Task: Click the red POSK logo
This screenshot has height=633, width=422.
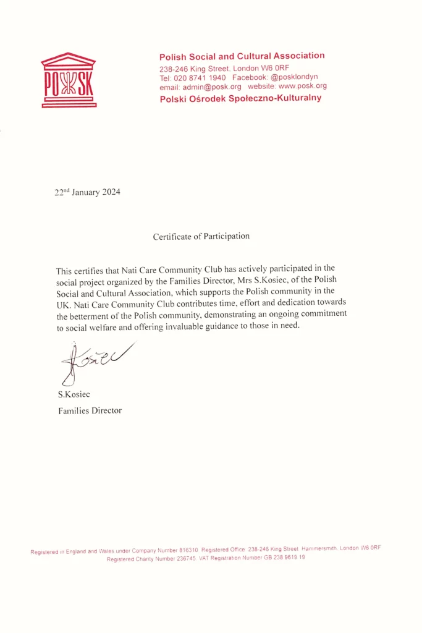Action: coord(68,80)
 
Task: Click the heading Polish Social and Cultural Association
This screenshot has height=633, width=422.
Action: coord(242,56)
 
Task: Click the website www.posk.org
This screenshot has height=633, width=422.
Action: coord(302,86)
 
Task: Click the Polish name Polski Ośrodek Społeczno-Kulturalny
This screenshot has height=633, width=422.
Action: coord(240,98)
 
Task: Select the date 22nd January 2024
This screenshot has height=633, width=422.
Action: coord(87,192)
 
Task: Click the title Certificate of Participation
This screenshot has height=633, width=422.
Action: coord(201,236)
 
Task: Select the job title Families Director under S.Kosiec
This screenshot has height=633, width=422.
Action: coord(90,410)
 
